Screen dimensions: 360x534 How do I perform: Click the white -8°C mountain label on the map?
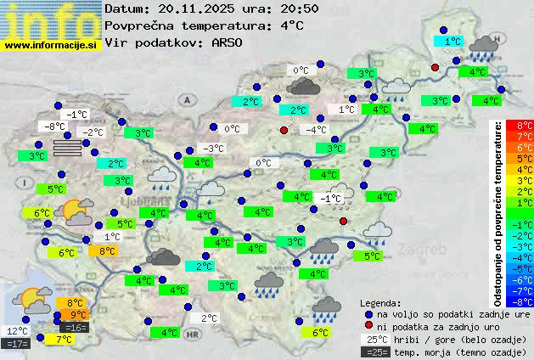point(56,127)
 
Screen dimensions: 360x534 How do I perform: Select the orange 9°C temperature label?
point(77,315)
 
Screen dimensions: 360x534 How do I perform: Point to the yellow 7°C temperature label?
point(63,339)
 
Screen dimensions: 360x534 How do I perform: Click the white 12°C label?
point(17,331)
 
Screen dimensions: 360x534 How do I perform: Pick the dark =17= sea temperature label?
point(17,344)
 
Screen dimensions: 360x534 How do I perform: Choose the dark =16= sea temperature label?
point(75,327)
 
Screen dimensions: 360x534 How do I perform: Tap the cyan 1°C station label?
point(452,41)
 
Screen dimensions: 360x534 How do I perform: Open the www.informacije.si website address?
point(51,45)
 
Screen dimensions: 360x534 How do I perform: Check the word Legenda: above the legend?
point(380,302)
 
